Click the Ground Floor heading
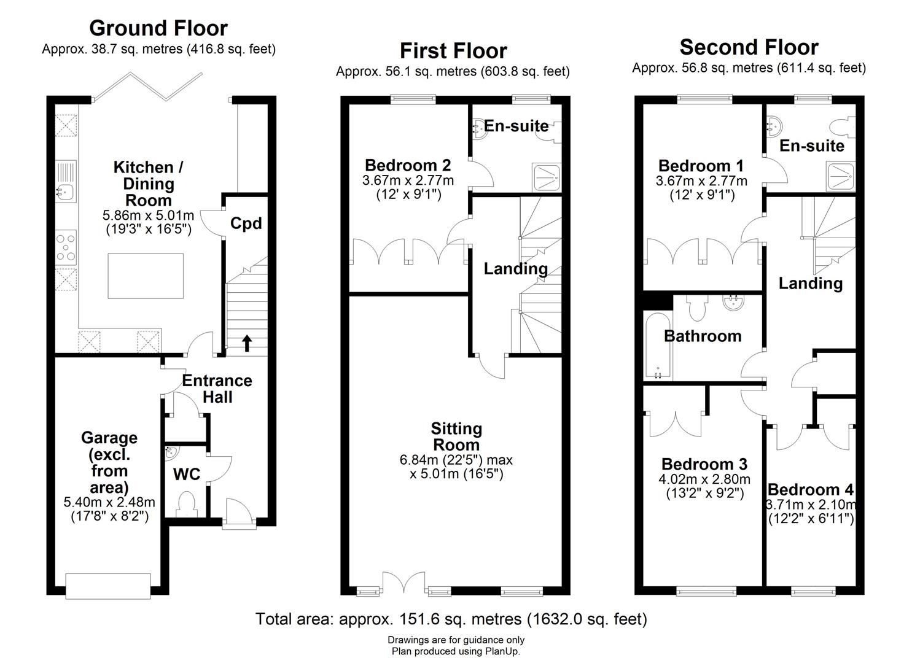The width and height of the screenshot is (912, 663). click(x=158, y=28)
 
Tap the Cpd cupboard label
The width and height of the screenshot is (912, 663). click(x=246, y=223)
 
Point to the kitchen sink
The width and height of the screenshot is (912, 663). click(x=64, y=192)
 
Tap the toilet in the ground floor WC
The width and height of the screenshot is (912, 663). click(x=185, y=505)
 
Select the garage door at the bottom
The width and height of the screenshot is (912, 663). click(x=108, y=586)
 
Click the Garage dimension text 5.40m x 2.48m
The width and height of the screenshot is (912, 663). click(x=109, y=502)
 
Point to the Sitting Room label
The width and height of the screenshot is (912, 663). click(x=456, y=436)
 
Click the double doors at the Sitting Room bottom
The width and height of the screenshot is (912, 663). click(x=403, y=583)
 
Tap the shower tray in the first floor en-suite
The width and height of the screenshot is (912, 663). click(x=545, y=179)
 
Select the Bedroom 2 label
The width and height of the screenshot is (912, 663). click(x=408, y=165)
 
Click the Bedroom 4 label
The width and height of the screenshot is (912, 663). click(x=810, y=490)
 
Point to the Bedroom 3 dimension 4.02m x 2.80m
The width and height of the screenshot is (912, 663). click(x=705, y=479)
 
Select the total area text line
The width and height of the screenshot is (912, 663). click(x=451, y=619)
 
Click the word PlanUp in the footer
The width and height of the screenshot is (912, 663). click(x=501, y=652)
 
